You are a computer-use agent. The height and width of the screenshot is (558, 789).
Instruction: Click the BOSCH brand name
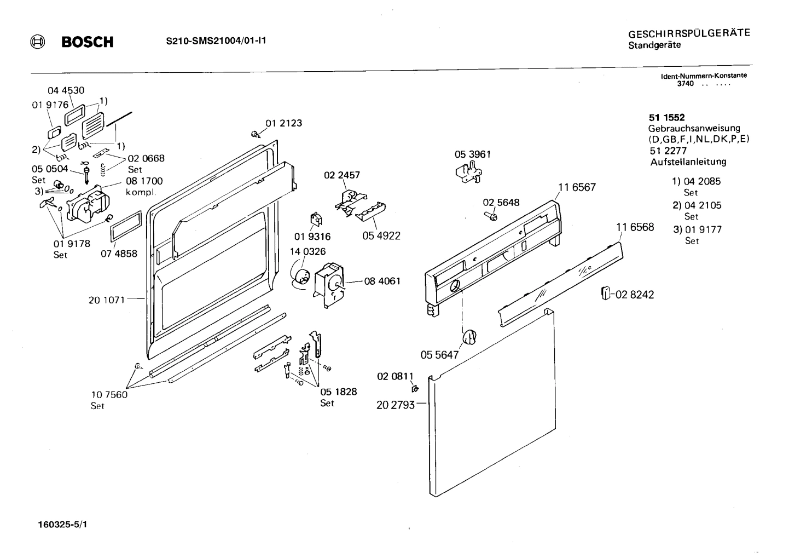pos(87,42)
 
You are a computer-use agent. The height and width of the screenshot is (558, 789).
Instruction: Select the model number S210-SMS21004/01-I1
pos(216,41)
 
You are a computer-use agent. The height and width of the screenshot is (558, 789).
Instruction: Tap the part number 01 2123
pos(283,123)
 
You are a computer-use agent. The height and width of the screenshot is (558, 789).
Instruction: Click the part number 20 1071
pos(107,300)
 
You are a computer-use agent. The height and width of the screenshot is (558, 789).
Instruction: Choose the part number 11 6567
pos(577,187)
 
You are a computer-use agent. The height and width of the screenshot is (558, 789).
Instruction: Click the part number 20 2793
pos(396,406)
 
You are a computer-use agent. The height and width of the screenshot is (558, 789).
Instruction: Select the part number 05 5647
pos(439,355)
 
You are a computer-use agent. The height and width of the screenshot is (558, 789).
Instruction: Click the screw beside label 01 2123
pos(255,134)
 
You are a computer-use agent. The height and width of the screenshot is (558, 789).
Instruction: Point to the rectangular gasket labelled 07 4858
pos(126,226)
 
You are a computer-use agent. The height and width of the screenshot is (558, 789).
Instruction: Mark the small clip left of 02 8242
pos(605,294)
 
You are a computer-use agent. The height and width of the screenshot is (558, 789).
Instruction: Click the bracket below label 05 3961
pos(468,173)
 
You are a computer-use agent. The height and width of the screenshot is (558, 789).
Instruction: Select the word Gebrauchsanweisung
pos(694,129)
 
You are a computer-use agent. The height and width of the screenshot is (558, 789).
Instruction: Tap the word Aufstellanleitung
pos(688,162)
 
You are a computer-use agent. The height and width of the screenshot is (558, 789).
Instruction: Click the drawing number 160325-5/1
pos(62,525)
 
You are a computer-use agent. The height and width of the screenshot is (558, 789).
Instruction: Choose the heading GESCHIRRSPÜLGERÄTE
pos(689,33)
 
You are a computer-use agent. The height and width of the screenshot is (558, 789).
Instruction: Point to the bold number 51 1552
pos(666,117)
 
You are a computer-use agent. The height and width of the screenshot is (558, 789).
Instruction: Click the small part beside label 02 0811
pos(415,389)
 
